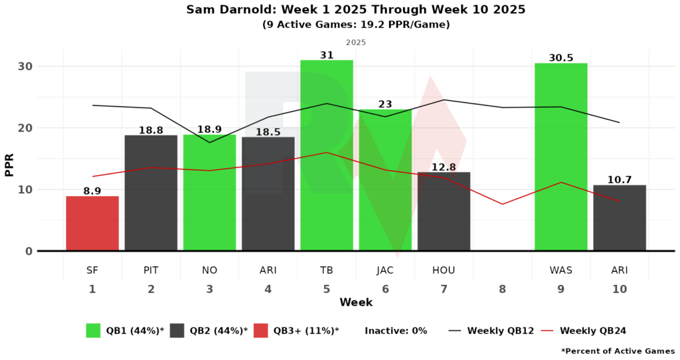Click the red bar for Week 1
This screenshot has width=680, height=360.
(92, 223)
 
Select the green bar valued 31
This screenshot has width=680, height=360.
(327, 155)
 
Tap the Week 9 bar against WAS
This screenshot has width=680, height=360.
(560, 157)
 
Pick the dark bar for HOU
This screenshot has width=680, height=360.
(444, 211)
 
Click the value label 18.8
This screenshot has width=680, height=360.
(151, 130)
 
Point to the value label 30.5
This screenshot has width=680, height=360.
(560, 58)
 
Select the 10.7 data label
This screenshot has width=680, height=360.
(619, 180)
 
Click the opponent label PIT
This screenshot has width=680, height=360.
(151, 271)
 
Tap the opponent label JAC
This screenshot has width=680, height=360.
(385, 271)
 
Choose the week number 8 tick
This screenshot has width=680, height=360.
(502, 290)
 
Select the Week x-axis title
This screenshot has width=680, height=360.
(356, 303)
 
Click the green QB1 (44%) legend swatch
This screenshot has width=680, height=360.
(94, 331)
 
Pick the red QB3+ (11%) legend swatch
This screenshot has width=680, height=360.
(261, 331)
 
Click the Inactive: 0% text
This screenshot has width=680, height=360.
(396, 331)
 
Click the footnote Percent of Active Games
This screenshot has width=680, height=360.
(618, 351)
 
